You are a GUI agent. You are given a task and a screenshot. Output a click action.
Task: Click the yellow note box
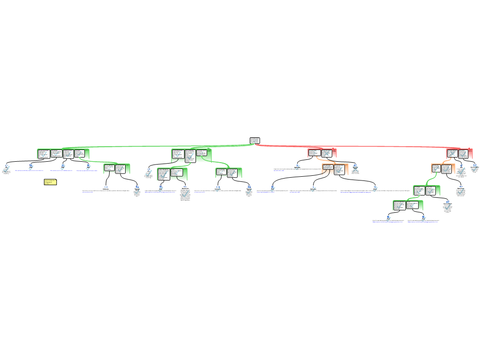50,182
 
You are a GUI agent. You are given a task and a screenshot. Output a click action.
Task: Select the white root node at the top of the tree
255,140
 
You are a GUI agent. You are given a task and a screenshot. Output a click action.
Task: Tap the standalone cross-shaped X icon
355,169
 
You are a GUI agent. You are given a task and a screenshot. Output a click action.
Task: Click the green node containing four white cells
63,154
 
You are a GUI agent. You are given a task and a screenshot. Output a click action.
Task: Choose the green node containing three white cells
191,155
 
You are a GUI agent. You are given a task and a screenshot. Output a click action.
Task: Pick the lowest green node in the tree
408,205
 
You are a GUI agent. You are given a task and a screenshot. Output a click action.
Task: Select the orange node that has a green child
443,169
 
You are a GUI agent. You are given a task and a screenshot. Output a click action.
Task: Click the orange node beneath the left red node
335,169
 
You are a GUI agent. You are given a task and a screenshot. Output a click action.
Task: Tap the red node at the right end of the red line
459,154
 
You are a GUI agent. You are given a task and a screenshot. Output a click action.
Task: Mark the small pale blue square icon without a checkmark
106,187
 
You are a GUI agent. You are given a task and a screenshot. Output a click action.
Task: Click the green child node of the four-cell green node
117,169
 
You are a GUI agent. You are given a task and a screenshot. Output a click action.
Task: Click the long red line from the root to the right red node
356,146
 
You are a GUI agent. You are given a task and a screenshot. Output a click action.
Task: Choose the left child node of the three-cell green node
172,174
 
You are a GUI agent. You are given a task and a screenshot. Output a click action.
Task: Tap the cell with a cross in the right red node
452,154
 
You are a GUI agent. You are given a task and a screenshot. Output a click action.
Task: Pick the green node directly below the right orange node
427,190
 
